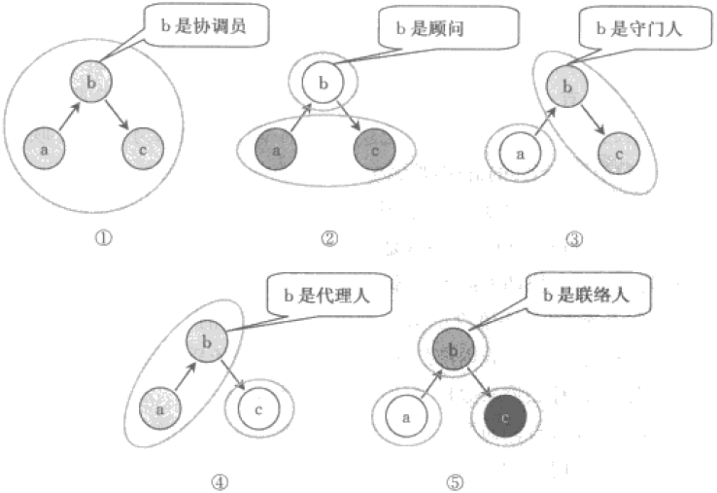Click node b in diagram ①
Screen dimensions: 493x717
pyautogui.click(x=91, y=84)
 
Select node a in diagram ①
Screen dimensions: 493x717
pyautogui.click(x=44, y=150)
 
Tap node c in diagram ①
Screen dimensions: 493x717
pyautogui.click(x=143, y=151)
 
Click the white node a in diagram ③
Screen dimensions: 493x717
pyautogui.click(x=520, y=153)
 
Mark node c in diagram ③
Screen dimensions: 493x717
pyautogui.click(x=619, y=153)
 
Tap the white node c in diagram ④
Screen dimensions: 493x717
pyautogui.click(x=258, y=410)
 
